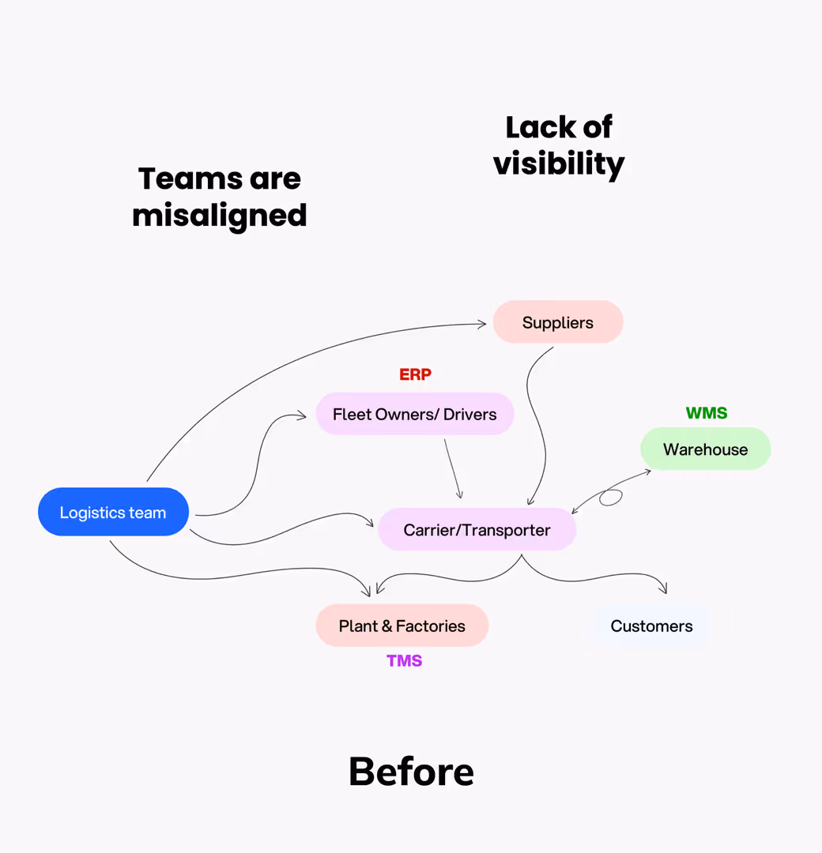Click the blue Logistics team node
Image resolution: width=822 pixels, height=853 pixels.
(113, 513)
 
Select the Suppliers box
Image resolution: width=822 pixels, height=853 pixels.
(558, 322)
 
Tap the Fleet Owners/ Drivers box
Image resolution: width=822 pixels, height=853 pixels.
(414, 415)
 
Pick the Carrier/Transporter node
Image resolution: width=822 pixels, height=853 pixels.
(477, 530)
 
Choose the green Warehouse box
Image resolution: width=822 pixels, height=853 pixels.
(705, 449)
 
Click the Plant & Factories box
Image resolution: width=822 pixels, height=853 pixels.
(402, 626)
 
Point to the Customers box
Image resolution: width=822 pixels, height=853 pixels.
(651, 626)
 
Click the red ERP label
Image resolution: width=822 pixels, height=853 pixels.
(415, 374)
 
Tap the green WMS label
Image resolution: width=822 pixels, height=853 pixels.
(707, 413)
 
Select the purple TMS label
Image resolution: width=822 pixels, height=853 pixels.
(404, 661)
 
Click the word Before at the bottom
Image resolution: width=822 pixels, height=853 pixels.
(411, 772)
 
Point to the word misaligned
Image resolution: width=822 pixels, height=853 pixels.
(220, 215)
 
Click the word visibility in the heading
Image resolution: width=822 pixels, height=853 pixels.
(559, 163)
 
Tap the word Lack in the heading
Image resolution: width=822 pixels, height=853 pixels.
(533, 127)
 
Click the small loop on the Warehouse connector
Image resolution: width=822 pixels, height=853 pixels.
(610, 498)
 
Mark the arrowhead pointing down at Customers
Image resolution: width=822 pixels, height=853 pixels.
(664, 589)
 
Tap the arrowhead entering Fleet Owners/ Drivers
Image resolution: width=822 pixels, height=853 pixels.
(302, 415)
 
